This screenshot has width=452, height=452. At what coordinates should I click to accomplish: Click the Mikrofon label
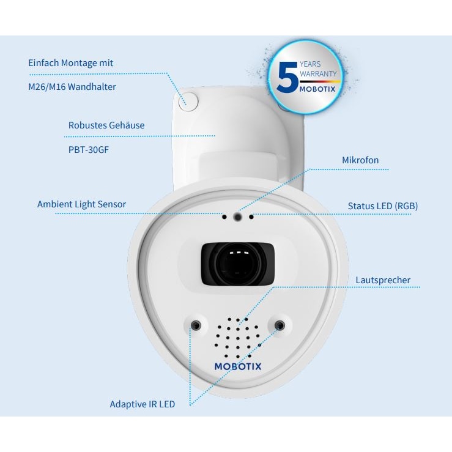[x=360, y=160]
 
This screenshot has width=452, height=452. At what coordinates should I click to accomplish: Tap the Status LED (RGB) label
[x=383, y=206]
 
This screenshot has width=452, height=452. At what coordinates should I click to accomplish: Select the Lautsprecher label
[x=383, y=280]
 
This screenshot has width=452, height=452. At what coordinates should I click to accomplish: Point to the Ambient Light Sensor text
[x=81, y=204]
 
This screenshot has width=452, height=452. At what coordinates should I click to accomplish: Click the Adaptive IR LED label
[x=143, y=404]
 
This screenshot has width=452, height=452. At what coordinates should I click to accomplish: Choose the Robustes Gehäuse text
[x=106, y=125]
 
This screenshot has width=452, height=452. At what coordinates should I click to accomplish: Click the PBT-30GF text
[x=89, y=150]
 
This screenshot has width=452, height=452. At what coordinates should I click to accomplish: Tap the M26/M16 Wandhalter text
[x=72, y=87]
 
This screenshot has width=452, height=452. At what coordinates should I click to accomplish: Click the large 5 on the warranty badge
[x=287, y=77]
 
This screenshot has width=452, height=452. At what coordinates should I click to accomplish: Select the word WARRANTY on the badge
[x=318, y=74]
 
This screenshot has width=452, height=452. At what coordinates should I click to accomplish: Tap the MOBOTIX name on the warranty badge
[x=317, y=89]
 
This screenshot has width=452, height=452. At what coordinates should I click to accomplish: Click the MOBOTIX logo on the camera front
[x=238, y=366]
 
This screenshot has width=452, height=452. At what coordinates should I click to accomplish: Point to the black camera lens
[x=237, y=264]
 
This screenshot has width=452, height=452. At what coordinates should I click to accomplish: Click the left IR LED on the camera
[x=196, y=325]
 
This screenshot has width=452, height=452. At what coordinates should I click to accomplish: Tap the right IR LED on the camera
[x=280, y=325]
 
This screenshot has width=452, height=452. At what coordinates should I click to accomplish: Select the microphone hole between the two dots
[x=237, y=217]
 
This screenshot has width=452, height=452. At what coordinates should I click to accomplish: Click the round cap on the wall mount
[x=188, y=102]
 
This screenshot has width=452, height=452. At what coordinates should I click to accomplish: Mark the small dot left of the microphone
[x=224, y=217]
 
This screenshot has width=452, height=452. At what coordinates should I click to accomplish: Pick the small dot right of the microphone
[x=251, y=217]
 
